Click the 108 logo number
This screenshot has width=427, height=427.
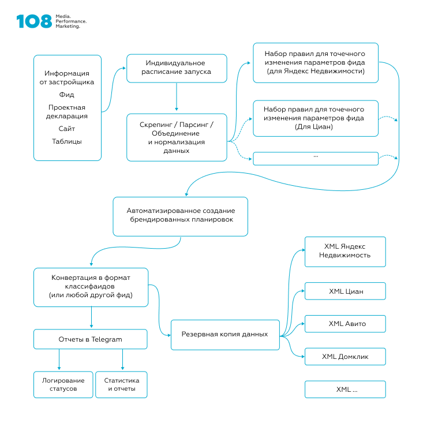click(x=34, y=21)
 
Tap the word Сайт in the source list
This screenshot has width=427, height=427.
click(x=67, y=129)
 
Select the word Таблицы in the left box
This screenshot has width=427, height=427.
click(x=67, y=141)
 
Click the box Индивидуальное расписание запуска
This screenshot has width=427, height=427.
click(x=176, y=68)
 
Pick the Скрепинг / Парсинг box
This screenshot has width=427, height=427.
click(x=176, y=137)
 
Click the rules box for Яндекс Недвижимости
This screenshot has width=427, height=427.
click(x=316, y=62)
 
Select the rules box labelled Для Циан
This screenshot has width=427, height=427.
click(x=316, y=118)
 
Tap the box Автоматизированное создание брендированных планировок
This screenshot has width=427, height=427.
click(x=180, y=216)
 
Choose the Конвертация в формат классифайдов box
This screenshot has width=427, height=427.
click(x=91, y=286)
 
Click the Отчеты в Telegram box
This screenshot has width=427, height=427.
click(x=91, y=339)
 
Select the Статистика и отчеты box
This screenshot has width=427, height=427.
click(x=121, y=384)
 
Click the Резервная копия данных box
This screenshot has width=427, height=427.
click(x=225, y=335)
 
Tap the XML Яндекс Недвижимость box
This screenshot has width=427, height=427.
click(x=345, y=252)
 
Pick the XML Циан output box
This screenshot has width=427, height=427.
click(x=345, y=292)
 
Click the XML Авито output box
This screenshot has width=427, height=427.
click(x=345, y=324)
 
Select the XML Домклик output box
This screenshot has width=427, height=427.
click(x=345, y=357)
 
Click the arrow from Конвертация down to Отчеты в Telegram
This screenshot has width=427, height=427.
click(x=91, y=317)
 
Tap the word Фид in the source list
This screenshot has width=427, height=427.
click(x=67, y=95)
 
